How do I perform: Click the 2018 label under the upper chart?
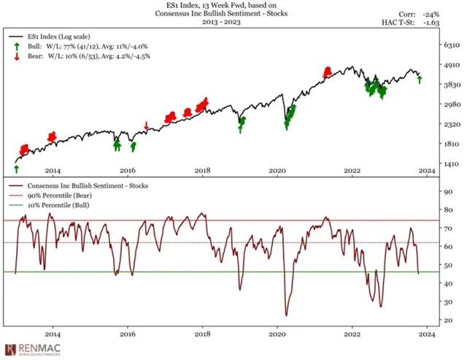pyautogui.click(x=203, y=171)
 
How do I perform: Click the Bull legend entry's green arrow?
pyautogui.click(x=16, y=46)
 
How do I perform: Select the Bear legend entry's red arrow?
pyautogui.click(x=16, y=56)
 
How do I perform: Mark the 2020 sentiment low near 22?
pyautogui.click(x=286, y=315)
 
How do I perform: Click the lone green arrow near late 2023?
pyautogui.click(x=419, y=79)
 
